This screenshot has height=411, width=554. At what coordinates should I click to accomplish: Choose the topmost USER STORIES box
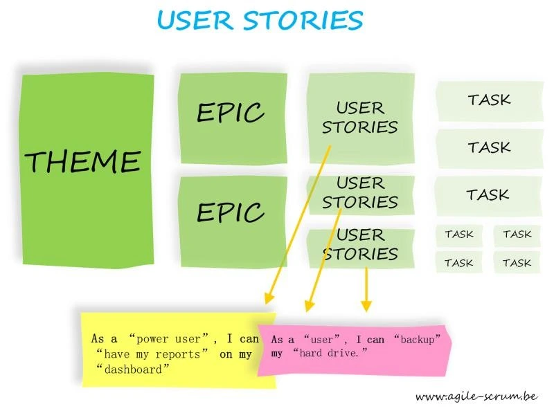(x=360, y=118)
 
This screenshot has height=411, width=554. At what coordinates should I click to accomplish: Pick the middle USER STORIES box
(x=360, y=193)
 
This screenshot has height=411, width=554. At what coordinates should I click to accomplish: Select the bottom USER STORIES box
(x=360, y=244)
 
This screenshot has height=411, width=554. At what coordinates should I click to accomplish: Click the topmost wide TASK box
(x=489, y=100)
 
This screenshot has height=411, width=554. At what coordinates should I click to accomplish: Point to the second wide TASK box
(x=489, y=147)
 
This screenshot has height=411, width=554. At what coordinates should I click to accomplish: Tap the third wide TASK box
(x=488, y=194)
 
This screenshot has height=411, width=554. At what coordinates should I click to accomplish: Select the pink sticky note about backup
(x=353, y=349)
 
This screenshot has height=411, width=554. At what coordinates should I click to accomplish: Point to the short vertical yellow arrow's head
(x=366, y=306)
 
